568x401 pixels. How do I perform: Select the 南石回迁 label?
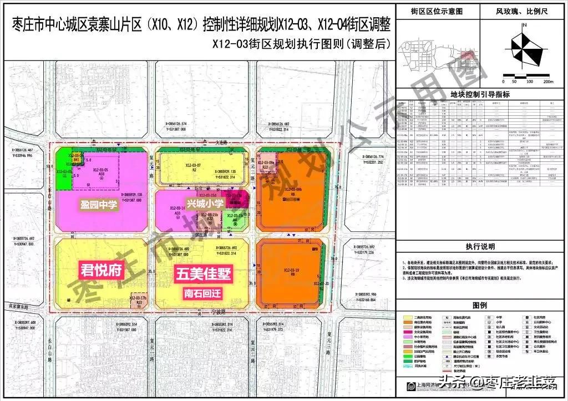(204, 291)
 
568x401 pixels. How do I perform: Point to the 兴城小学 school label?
(204, 204)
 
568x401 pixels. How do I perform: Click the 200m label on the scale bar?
(549, 81)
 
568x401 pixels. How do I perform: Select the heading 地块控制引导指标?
(480, 95)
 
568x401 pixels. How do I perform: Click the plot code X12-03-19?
(291, 271)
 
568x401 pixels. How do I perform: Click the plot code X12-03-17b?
(138, 298)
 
